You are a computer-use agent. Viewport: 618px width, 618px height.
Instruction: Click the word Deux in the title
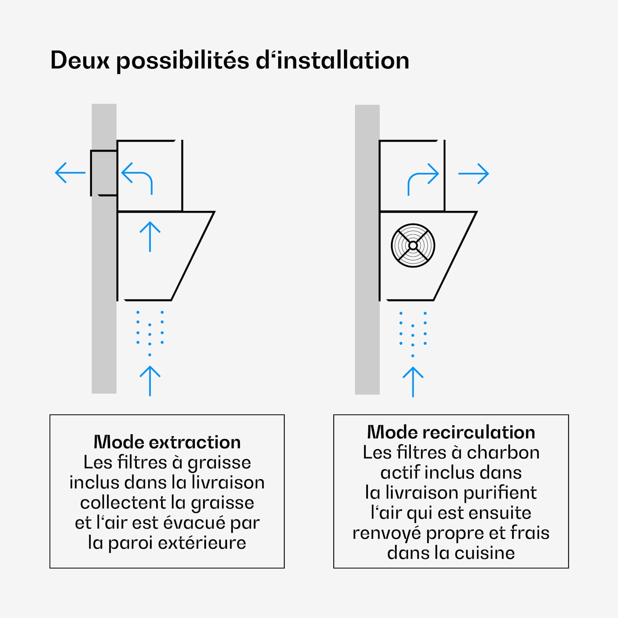point(80,61)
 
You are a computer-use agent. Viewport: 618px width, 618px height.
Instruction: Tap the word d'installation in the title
point(332,61)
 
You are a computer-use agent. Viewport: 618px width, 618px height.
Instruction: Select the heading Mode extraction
point(167,442)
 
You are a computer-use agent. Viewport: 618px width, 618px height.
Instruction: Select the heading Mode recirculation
point(451,432)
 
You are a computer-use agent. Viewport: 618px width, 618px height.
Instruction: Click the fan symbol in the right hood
point(413,246)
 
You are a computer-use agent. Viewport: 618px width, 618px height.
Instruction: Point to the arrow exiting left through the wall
point(70,173)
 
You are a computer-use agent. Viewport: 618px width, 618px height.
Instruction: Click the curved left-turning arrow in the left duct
point(138,177)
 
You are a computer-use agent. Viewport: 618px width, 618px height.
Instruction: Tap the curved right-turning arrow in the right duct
point(423,178)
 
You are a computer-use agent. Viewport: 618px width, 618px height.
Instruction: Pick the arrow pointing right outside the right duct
point(473,173)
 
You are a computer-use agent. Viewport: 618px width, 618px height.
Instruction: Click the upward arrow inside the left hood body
point(150,236)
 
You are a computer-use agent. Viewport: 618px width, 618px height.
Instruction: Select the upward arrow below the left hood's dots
point(150,381)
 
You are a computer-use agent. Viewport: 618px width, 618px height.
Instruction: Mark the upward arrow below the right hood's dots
point(413,382)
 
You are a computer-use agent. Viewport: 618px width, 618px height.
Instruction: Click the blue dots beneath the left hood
point(150,331)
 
